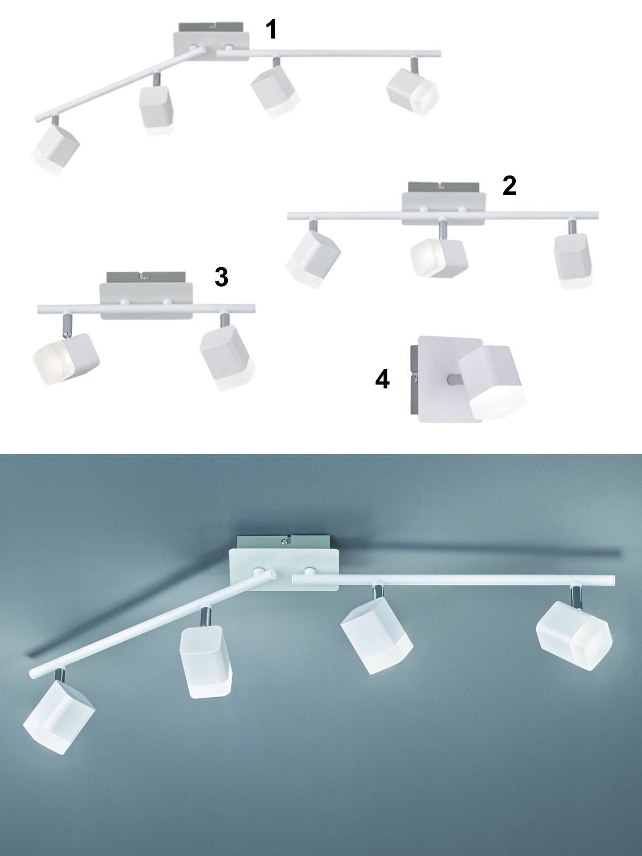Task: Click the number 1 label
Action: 271,29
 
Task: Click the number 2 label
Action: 509,186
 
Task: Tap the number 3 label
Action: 221,278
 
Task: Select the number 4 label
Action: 382,379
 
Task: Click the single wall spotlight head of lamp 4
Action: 492,383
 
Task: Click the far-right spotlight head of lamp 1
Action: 413,91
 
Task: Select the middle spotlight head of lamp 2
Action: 439,258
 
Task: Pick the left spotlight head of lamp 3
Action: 65,359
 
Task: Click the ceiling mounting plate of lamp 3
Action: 146,301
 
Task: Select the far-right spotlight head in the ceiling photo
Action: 574,641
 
